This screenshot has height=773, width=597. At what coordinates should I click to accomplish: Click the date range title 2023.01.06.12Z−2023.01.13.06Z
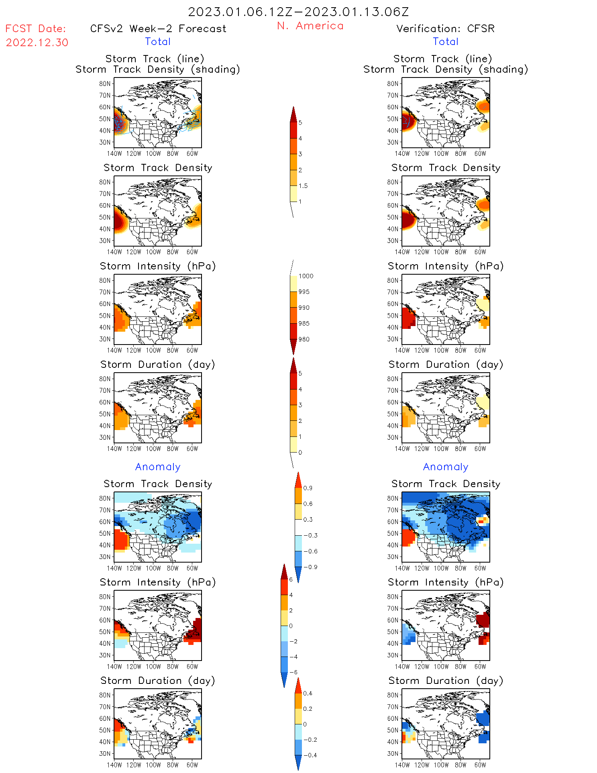[x=298, y=12]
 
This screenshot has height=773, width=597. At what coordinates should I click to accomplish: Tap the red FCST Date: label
[x=36, y=29]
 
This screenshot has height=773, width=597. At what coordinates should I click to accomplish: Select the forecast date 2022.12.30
[x=37, y=43]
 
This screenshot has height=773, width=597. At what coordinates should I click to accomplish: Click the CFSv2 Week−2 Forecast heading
[x=158, y=29]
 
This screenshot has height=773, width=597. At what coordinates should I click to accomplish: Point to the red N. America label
[x=310, y=26]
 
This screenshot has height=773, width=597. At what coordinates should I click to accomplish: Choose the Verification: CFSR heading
[x=445, y=29]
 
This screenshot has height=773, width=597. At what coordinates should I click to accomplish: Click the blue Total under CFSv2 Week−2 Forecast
[x=158, y=42]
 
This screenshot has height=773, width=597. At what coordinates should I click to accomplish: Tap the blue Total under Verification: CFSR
[x=446, y=42]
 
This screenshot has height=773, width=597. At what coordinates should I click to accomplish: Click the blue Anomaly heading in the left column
[x=158, y=467]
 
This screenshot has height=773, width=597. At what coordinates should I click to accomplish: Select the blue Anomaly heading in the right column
[x=446, y=467]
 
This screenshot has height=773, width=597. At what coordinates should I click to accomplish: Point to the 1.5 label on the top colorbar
[x=303, y=186]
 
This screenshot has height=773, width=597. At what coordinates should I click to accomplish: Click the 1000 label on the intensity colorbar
[x=306, y=276]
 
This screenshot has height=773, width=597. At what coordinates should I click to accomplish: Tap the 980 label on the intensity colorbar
[x=304, y=339]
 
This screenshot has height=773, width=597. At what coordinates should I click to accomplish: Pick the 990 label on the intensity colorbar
[x=304, y=308]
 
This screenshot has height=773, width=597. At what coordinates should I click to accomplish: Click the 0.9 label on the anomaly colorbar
[x=308, y=488]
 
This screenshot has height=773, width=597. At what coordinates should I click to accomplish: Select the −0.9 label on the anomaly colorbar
[x=310, y=567]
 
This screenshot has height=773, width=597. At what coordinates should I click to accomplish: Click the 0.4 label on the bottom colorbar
[x=308, y=693]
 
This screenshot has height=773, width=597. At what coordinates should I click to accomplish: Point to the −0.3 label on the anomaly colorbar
[x=310, y=536]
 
